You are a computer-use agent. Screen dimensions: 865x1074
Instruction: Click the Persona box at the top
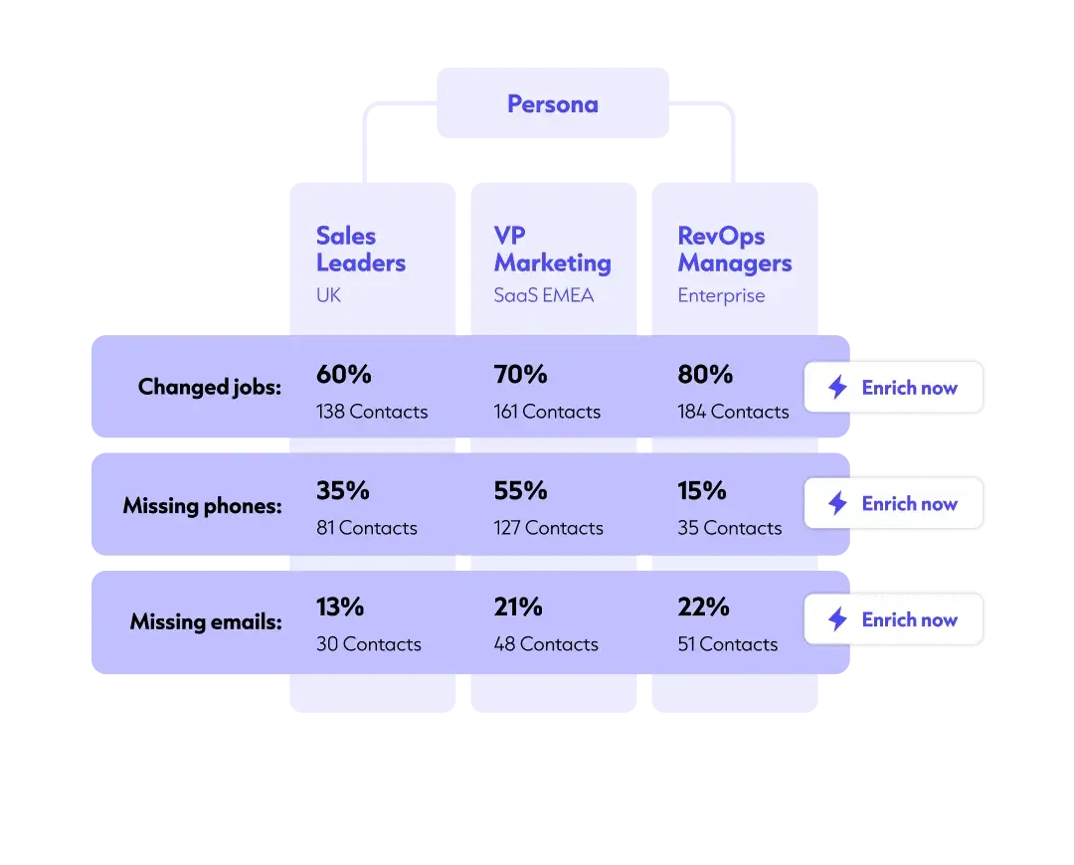tap(553, 104)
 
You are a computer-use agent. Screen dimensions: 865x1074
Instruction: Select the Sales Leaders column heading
tap(360, 250)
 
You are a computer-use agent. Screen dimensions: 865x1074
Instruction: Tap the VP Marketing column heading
tap(552, 250)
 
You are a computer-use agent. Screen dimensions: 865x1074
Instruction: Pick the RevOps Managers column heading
tap(734, 250)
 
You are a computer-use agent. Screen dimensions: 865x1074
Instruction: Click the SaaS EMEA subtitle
tap(543, 295)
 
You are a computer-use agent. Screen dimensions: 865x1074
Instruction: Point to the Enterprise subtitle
tap(721, 295)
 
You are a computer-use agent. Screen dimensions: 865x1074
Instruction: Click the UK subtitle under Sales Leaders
tap(328, 295)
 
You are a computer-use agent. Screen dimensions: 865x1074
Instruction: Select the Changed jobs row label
tap(209, 387)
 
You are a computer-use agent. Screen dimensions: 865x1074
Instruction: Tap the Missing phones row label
tap(202, 505)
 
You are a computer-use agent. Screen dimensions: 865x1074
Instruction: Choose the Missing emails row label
tap(205, 622)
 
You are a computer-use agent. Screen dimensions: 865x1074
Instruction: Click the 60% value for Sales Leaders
tap(343, 375)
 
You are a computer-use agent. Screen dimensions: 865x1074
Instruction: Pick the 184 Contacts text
tap(733, 412)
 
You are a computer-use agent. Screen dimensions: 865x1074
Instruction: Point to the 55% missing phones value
tap(520, 491)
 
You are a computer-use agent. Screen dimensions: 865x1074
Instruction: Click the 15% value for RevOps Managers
tap(702, 491)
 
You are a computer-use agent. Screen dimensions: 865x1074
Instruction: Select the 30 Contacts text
tap(368, 644)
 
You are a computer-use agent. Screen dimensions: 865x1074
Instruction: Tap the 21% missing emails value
tap(518, 606)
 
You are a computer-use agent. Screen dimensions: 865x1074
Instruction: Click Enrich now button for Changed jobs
tap(894, 388)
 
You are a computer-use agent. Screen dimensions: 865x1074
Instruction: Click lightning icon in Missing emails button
tap(837, 619)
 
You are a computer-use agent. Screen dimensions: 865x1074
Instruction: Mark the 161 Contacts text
tap(547, 412)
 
